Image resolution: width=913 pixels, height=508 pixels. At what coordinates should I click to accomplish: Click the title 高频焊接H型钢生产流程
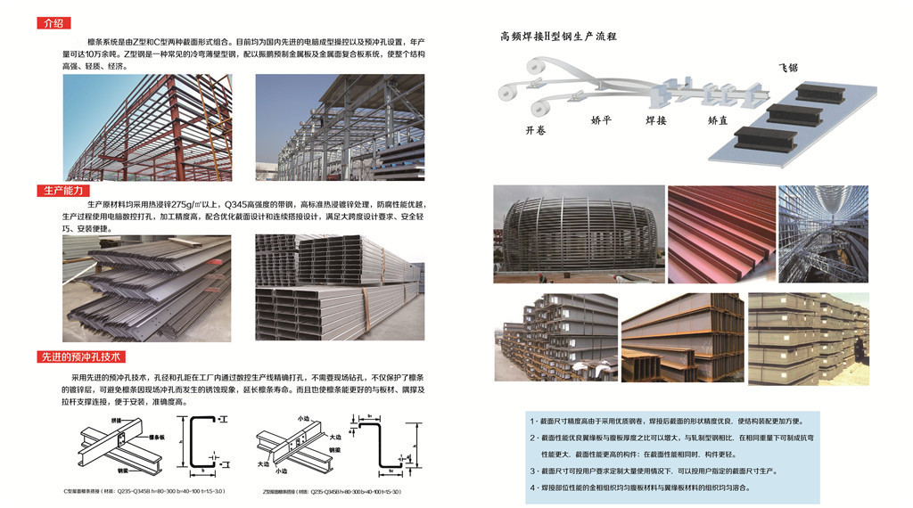(x=558, y=37)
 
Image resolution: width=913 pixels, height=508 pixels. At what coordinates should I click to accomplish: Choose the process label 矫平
(x=602, y=119)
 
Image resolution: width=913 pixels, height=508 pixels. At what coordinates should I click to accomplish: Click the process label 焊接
(x=655, y=119)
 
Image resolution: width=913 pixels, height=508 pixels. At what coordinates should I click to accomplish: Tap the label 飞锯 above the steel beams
(x=789, y=68)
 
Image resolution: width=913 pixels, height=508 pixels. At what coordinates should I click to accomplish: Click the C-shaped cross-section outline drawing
(x=198, y=446)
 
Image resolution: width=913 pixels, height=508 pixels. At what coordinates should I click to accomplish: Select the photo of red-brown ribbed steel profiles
(x=720, y=234)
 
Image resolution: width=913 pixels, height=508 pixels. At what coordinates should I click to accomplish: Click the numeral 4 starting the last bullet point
(x=532, y=488)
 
